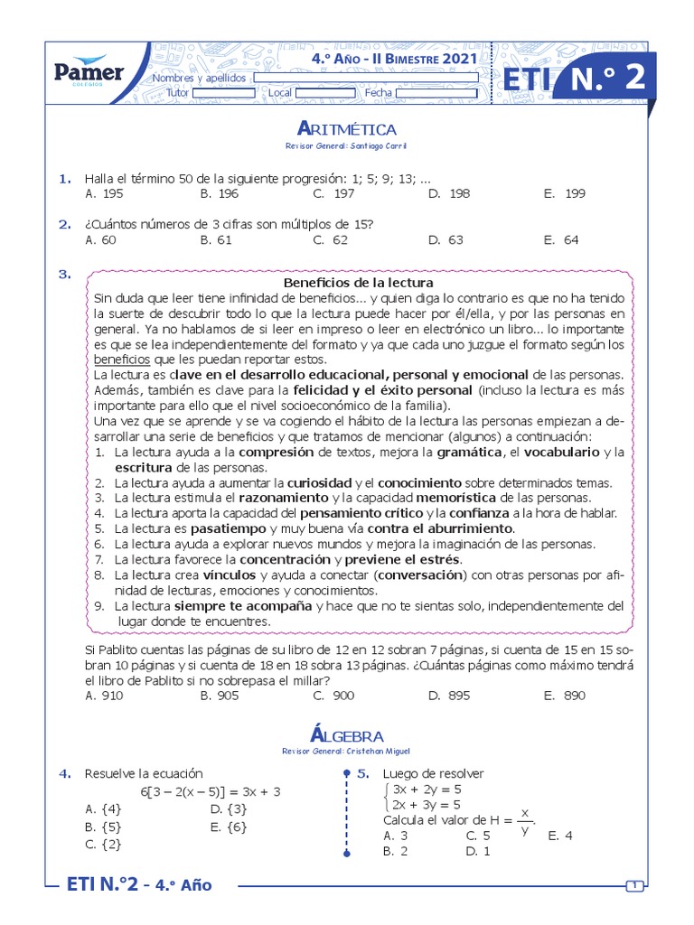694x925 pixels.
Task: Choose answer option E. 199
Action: tap(565, 193)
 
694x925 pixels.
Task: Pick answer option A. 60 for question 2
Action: tap(100, 240)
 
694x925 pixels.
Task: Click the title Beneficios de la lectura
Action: tap(359, 282)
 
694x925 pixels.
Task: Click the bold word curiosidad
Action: tap(320, 482)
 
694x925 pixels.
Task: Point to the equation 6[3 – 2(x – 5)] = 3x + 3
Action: tap(211, 791)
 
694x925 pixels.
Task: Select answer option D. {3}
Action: tap(228, 809)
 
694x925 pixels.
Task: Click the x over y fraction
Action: tap(524, 821)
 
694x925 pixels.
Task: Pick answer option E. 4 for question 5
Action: tap(560, 836)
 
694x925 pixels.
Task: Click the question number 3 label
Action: tap(64, 275)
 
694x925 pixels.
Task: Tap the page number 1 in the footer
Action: tap(635, 885)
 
